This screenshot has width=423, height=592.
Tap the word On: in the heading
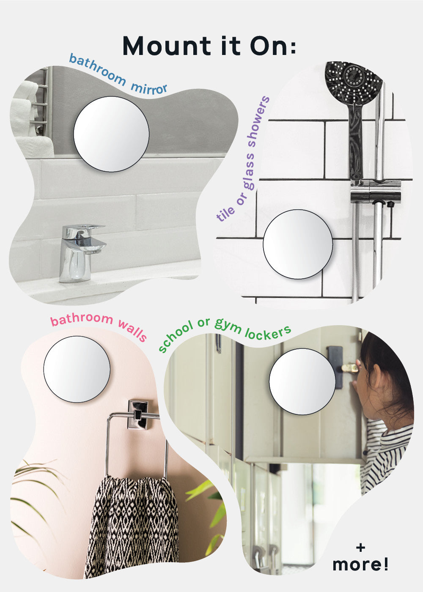[273, 46]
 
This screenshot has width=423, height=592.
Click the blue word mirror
[149, 89]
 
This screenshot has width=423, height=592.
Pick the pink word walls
[132, 331]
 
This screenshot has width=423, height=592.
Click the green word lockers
[268, 332]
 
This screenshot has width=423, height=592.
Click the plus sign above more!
[360, 548]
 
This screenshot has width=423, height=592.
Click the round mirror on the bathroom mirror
[111, 134]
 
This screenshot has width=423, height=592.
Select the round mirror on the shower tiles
[298, 244]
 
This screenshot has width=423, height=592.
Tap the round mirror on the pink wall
[77, 369]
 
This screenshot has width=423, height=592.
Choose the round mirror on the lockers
[302, 381]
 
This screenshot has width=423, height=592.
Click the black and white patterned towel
[132, 519]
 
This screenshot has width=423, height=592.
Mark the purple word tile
[225, 213]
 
